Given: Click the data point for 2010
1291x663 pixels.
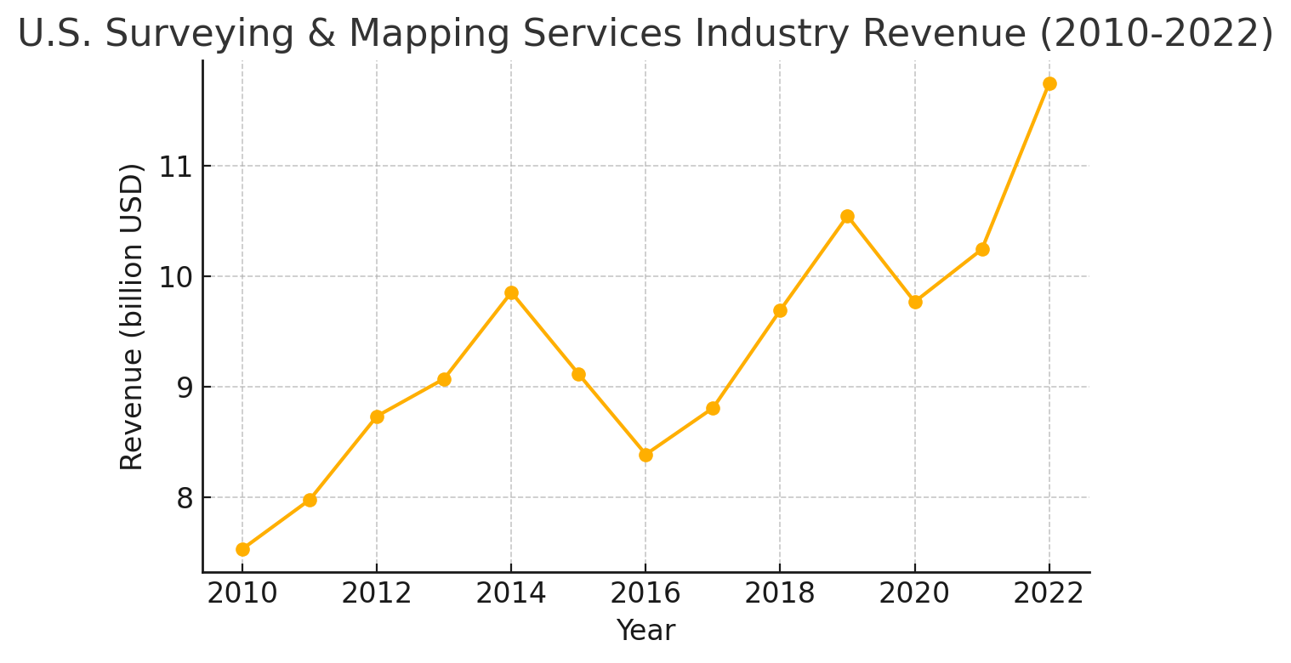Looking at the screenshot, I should tap(242, 549).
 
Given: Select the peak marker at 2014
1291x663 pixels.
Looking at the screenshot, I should tap(511, 293).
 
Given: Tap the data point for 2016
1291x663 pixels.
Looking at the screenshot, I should tap(645, 455).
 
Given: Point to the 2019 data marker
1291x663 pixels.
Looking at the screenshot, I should tap(847, 217).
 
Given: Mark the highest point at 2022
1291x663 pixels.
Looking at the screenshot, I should tap(1049, 83).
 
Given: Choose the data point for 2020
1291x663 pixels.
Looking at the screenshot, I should tap(915, 302).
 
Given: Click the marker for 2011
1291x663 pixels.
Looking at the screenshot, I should tap(310, 500).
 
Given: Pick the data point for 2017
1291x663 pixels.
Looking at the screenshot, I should tap(713, 408).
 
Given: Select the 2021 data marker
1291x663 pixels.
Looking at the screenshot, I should tap(982, 249).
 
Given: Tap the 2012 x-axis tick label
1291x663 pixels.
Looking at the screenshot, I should tap(377, 594).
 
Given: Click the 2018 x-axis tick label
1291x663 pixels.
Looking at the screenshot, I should tap(780, 594).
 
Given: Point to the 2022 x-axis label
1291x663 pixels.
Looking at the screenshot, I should tap(1049, 594).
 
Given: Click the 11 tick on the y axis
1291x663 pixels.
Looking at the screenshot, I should tap(176, 167).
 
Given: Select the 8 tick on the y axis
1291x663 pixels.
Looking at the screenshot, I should tap(185, 498).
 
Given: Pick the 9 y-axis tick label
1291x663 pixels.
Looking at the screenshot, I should tap(185, 388).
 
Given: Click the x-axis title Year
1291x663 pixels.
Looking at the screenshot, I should tap(645, 632).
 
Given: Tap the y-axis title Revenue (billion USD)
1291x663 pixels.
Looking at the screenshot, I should tap(133, 316).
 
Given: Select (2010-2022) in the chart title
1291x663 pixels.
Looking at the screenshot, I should tap(1154, 34).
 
